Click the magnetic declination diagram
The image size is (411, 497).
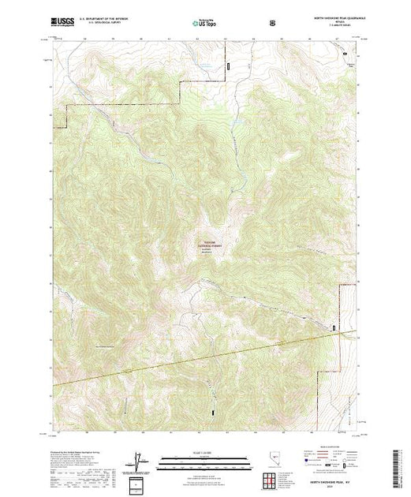point(138,459)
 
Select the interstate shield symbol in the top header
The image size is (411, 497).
point(274,23)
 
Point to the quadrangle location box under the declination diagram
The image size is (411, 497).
point(138,483)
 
